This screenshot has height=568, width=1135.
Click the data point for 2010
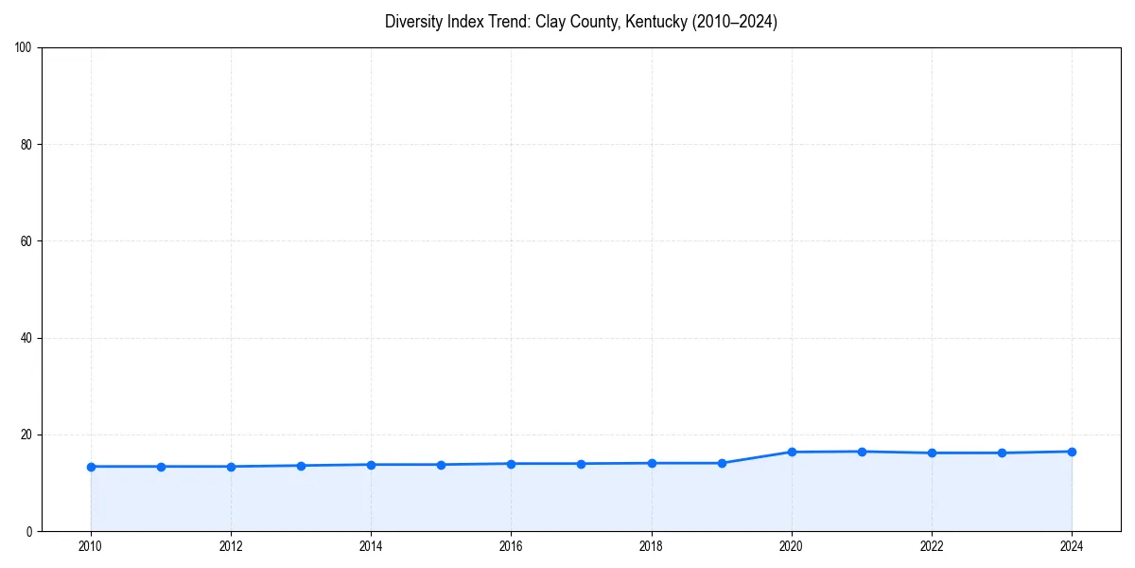pos(91,467)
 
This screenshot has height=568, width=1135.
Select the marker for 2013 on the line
pos(301,466)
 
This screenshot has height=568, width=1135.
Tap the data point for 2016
pos(511,464)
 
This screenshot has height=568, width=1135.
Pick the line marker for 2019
pos(722,463)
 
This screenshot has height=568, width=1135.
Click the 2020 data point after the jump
pos(792,452)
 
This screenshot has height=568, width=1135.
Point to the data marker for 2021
pos(862,452)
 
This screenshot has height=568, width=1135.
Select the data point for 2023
pos(1002,453)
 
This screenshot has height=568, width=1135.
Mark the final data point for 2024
pos(1072,452)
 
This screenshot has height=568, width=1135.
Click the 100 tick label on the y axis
pos(24,48)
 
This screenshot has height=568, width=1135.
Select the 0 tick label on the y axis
pos(29,531)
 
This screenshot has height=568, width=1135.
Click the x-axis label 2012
pos(231,546)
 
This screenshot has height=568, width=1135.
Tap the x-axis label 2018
pos(652,546)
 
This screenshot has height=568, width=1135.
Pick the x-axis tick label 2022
pos(932,546)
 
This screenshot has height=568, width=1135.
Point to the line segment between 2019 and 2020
pos(757,457)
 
